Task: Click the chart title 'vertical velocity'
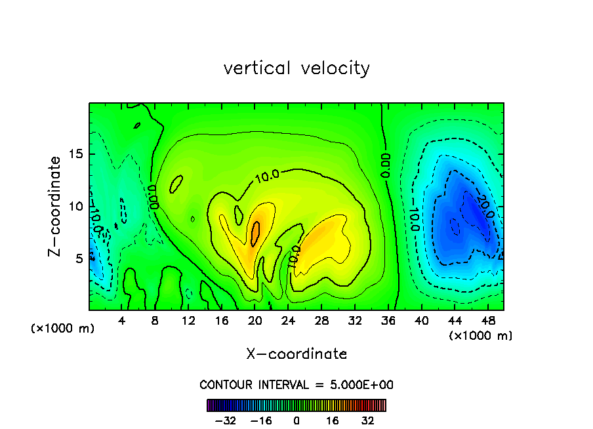(x=296, y=68)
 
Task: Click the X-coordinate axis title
(x=296, y=354)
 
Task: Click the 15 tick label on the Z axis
(x=76, y=155)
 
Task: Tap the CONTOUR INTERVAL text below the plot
(x=296, y=385)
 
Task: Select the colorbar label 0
(x=296, y=420)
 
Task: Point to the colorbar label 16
(x=333, y=420)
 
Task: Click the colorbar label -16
(x=261, y=420)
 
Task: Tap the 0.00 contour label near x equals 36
(x=386, y=165)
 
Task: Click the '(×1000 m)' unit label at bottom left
(x=63, y=329)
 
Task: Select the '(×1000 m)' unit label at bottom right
(x=481, y=336)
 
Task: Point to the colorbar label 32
(x=368, y=420)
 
